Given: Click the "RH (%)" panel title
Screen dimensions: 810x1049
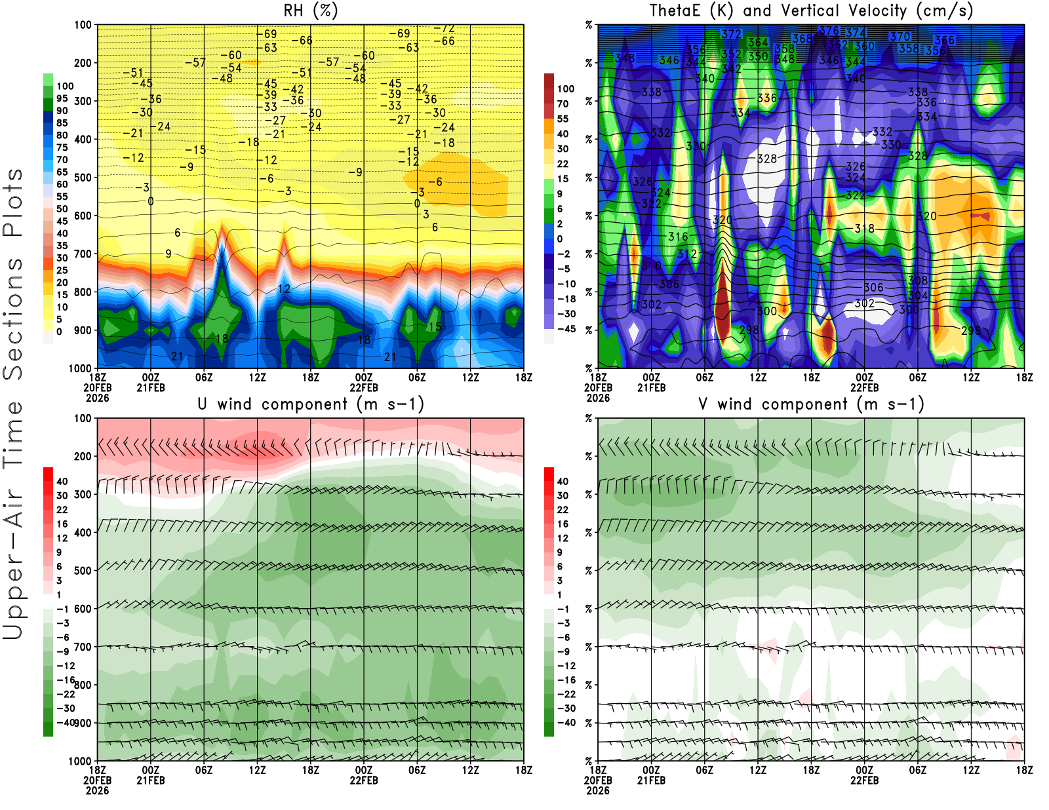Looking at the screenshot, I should (310, 10).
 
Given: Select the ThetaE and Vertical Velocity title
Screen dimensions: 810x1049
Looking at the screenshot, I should (811, 10).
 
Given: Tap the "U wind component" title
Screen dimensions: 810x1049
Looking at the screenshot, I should (311, 404).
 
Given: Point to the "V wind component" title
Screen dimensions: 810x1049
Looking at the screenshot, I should (811, 404).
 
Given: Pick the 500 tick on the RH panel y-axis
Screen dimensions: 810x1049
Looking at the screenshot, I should (83, 178).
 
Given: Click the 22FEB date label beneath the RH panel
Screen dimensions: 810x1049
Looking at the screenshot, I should (364, 387).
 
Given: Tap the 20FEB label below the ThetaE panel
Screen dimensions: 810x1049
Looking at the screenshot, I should (598, 387).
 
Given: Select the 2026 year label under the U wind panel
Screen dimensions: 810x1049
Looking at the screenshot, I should (97, 790).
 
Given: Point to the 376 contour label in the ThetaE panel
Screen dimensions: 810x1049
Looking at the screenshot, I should (829, 31).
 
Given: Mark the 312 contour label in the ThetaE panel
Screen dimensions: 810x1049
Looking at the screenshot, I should (686, 254).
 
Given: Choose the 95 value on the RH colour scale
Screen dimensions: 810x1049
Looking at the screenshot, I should (62, 98).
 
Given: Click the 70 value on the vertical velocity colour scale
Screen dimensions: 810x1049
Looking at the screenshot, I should (563, 104).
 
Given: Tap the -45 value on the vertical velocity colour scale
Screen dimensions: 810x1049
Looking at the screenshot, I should (565, 329).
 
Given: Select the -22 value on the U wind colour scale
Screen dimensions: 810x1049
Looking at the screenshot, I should (66, 694).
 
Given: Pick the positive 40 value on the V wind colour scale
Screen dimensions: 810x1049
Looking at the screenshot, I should (563, 481).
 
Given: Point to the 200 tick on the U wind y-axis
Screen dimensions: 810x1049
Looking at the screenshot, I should (83, 457).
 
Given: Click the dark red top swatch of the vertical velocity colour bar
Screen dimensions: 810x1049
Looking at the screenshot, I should (549, 81).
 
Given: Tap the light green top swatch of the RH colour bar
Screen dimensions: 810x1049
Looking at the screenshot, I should (48, 79).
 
